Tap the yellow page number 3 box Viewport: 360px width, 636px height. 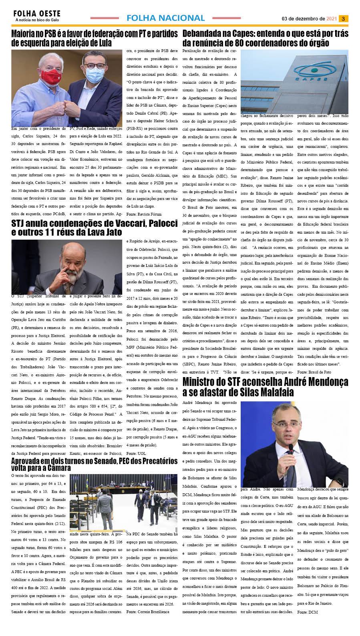(x=344, y=18)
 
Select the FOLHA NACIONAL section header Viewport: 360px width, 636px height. (x=165, y=18)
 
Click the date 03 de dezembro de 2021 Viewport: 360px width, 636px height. (x=309, y=18)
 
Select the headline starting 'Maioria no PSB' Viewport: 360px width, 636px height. (x=95, y=38)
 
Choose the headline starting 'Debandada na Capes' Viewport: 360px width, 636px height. (x=265, y=38)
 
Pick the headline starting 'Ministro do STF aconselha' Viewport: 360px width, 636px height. (x=265, y=386)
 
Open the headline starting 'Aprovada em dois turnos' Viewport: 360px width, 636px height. (x=94, y=464)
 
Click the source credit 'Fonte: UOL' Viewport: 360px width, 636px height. (x=136, y=453)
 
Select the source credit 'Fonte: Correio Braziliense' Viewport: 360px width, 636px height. (x=148, y=612)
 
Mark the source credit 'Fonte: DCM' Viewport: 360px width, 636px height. (x=307, y=612)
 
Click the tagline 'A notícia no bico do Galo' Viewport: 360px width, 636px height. (x=37, y=20)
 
